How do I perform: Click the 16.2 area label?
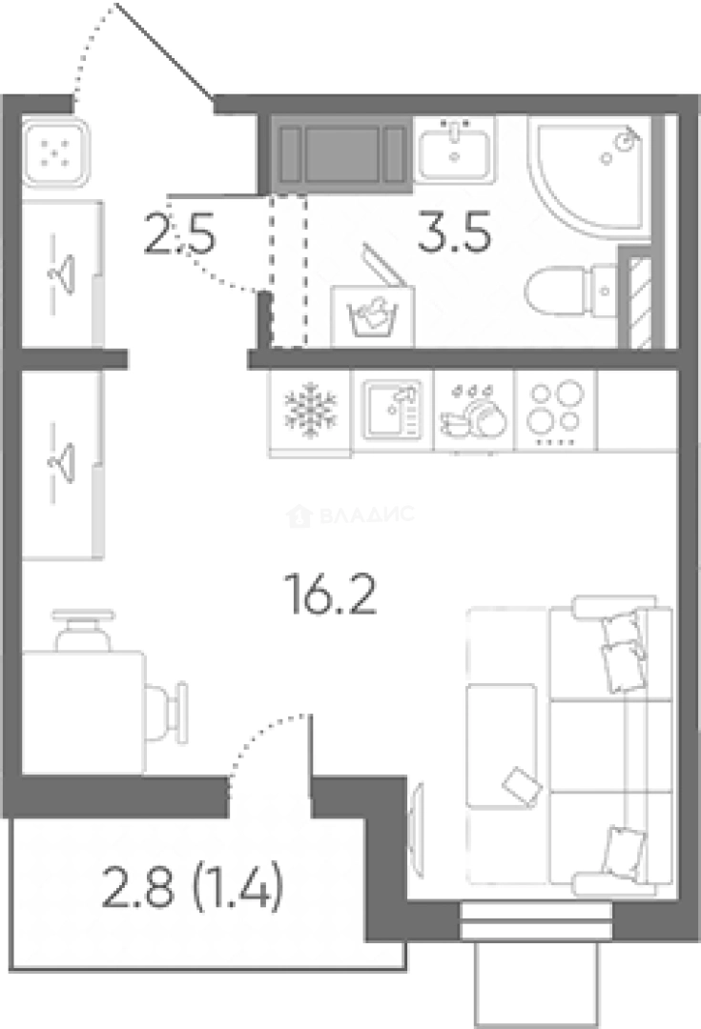coord(330,594)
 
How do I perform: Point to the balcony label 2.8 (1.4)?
coord(193,887)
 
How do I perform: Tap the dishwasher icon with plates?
coord(474,413)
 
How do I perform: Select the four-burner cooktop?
coord(556,413)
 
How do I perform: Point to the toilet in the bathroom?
coord(570,290)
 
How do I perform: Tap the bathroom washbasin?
coord(454,150)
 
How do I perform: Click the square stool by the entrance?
coord(55,151)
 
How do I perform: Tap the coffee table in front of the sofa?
coord(502,745)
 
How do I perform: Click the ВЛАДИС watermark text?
coord(366,514)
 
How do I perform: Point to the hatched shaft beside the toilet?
coord(640,302)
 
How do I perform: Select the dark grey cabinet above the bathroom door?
coord(340,155)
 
